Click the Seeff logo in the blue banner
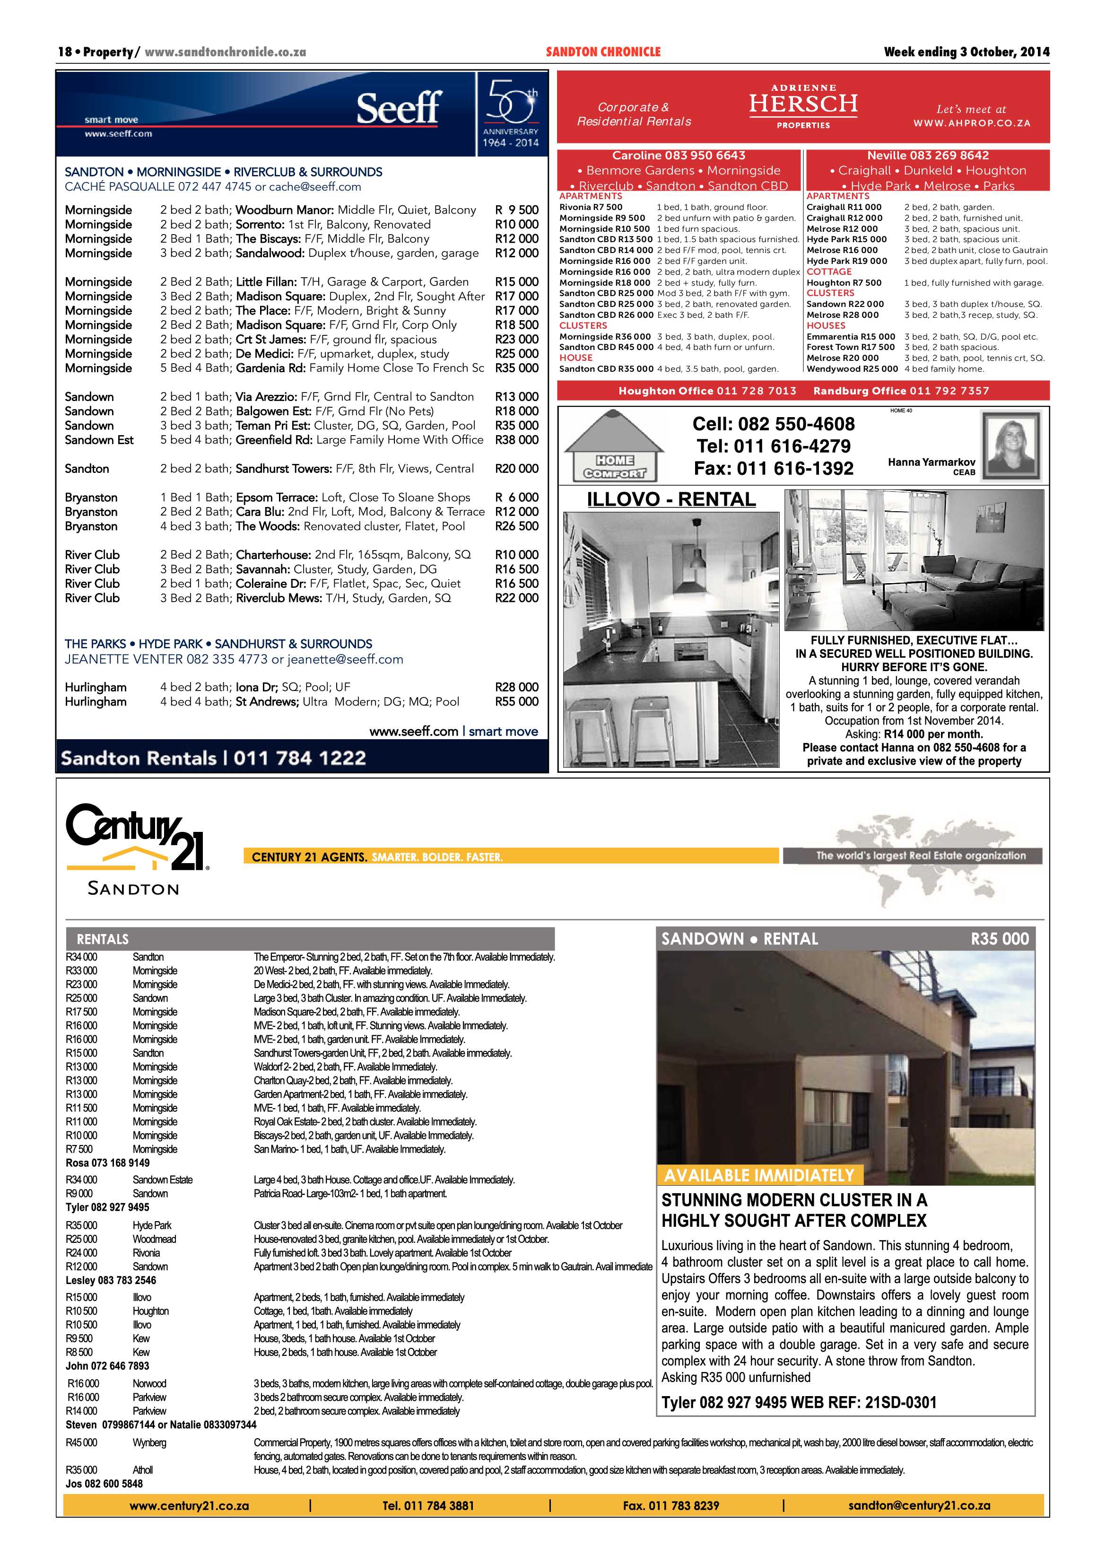(x=399, y=109)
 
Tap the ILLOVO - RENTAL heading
(x=671, y=499)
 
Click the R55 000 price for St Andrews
(x=516, y=702)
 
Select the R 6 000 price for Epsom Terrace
(x=516, y=497)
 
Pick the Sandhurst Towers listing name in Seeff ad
(x=284, y=469)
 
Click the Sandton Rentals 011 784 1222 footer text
(x=213, y=758)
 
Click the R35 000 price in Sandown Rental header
(x=999, y=939)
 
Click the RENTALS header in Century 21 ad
(x=102, y=939)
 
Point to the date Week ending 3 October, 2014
(x=966, y=52)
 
